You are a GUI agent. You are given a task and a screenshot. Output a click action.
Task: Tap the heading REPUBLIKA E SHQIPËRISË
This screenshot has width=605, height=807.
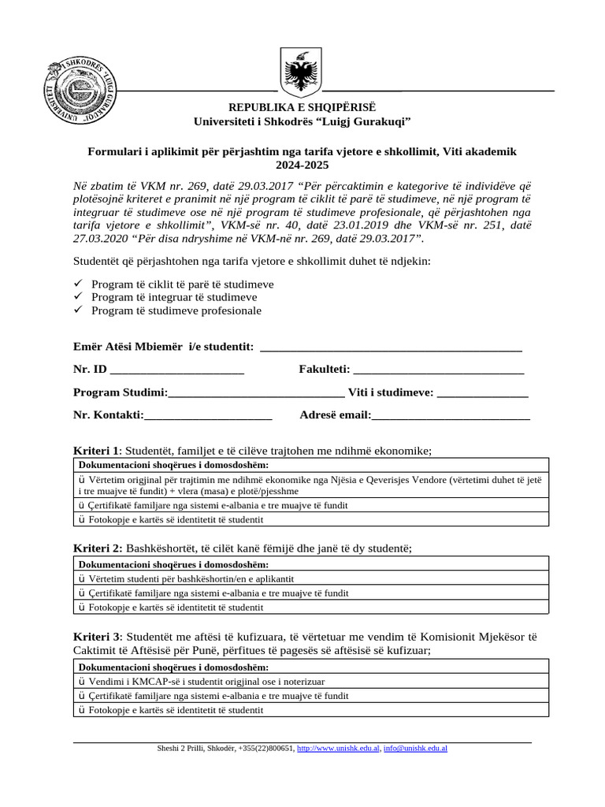click(x=302, y=106)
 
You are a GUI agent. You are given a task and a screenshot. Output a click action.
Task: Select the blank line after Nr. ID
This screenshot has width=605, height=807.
click(x=177, y=369)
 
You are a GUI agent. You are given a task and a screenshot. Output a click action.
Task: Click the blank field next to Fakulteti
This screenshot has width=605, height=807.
click(x=439, y=369)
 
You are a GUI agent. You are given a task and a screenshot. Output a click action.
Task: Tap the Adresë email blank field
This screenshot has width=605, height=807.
click(x=450, y=415)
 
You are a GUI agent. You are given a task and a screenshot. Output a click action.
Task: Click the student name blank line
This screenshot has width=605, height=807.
click(x=390, y=347)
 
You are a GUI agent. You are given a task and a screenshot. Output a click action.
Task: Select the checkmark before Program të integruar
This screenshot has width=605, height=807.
click(x=78, y=297)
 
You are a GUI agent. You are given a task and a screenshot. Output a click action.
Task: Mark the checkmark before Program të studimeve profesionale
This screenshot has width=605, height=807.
click(x=78, y=311)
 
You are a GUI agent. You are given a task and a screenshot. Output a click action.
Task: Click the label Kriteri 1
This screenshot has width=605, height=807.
click(x=96, y=451)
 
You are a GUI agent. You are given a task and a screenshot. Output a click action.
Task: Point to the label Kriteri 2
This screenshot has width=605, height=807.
click(x=97, y=548)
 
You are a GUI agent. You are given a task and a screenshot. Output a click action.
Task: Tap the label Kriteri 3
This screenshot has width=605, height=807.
click(x=97, y=637)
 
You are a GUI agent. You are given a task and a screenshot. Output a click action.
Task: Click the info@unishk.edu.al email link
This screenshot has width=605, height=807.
click(x=415, y=749)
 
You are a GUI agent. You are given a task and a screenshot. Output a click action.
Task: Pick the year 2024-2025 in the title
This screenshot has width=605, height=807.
click(x=302, y=165)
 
